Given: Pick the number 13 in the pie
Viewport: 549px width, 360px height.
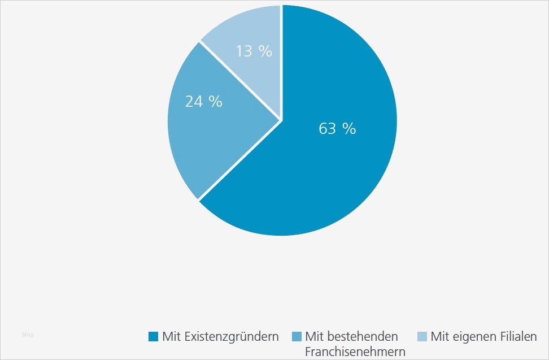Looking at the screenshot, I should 245,51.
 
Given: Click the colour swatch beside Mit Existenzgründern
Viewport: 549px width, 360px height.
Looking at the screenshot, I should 153,337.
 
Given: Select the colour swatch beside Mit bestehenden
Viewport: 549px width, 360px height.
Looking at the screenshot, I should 297,337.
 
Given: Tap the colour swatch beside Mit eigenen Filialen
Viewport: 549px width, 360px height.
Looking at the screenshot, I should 422,337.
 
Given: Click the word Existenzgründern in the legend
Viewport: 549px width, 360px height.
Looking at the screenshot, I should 232,337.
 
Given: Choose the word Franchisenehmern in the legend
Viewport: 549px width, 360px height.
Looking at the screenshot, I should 355,352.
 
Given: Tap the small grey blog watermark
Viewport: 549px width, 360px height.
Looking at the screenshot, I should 28,335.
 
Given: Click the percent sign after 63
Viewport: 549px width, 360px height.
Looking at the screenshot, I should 350,129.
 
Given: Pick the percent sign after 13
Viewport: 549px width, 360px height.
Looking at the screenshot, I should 265,51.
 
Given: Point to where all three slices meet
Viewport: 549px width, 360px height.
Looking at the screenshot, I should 281,120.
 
